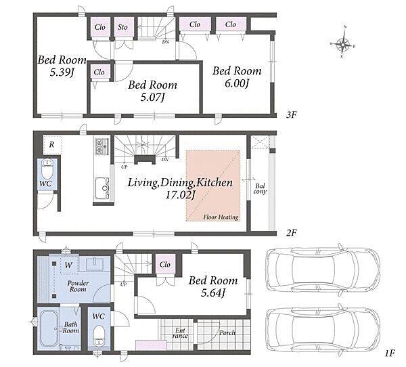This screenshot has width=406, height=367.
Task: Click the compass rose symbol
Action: click(x=343, y=44)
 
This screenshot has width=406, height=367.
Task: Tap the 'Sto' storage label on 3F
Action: click(x=122, y=27)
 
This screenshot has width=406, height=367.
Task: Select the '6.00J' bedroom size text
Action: click(x=237, y=83)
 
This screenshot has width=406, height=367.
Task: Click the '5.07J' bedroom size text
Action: click(x=152, y=98)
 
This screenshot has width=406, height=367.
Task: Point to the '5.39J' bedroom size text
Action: click(x=62, y=72)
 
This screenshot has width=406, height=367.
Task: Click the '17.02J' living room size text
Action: click(x=180, y=195)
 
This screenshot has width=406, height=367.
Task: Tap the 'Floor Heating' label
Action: click(x=221, y=217)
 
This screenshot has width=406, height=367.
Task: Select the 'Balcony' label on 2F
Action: click(x=260, y=188)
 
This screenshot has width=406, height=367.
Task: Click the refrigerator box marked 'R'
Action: click(x=52, y=145)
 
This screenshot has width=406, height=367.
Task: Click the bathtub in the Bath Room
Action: click(x=49, y=328)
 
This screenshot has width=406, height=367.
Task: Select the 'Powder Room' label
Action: click(x=78, y=286)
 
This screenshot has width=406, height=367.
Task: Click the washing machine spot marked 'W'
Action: click(x=68, y=265)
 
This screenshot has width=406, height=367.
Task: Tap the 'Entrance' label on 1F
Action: click(x=180, y=333)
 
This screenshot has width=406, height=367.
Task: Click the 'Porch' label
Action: click(x=227, y=332)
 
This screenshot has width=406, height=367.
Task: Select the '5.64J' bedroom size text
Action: click(x=213, y=293)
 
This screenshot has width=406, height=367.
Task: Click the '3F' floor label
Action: click(x=291, y=115)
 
